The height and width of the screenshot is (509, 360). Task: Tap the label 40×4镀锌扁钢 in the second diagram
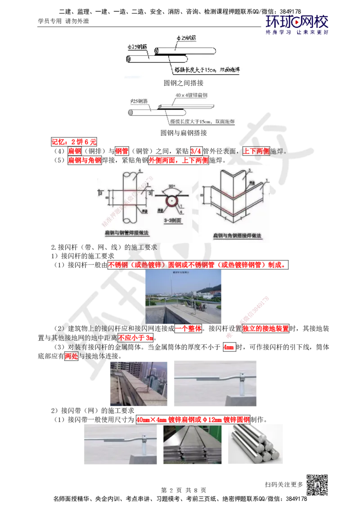coord(191,96)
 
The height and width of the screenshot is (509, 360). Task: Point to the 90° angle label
coord(171,186)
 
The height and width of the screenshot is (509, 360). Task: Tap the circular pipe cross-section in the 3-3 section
coord(171,202)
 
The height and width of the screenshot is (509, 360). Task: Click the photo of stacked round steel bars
coord(255,444)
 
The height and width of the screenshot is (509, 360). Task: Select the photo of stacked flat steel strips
coord(192,444)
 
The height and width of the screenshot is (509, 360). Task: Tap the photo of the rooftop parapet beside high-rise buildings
coord(139,383)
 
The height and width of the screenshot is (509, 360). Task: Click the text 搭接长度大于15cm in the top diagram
coord(195,70)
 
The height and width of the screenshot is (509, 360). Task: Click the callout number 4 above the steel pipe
coord(140,170)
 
